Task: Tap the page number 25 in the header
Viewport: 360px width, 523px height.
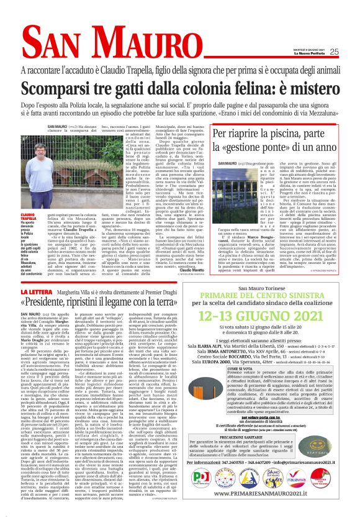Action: tap(334, 52)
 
